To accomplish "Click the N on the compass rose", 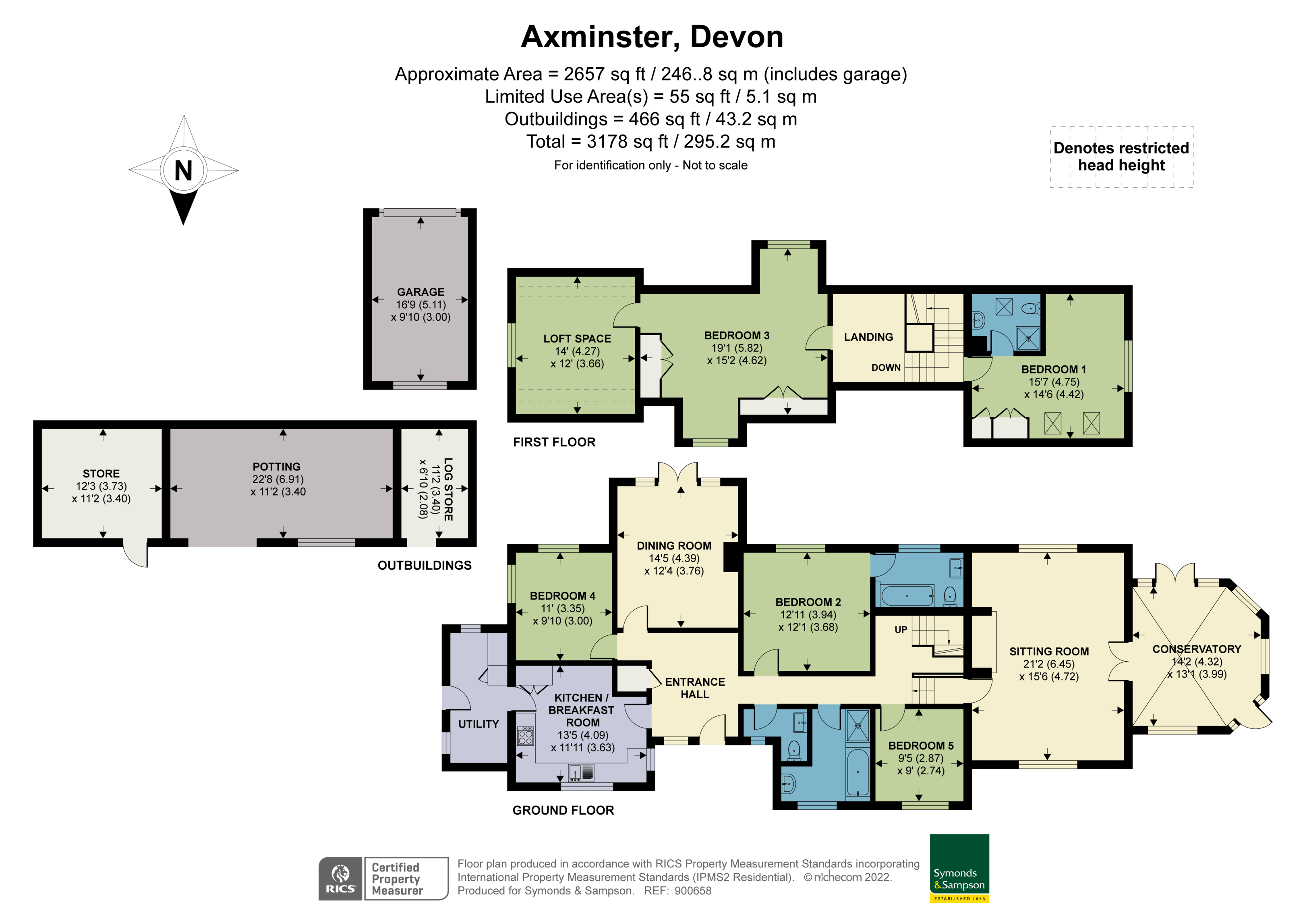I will click(183, 170).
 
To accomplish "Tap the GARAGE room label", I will click(420, 292).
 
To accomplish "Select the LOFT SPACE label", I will click(577, 338).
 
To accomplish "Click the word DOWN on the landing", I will click(886, 368).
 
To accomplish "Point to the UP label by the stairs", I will click(901, 630).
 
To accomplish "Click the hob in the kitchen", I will click(526, 736).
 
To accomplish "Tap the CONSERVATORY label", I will click(1196, 649).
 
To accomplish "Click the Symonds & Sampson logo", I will click(959, 868).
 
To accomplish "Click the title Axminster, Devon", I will click(652, 37).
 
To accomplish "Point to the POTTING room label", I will click(276, 466).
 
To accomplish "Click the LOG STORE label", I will click(448, 489).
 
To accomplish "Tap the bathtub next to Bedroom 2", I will click(907, 595).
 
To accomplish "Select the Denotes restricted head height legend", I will click(1121, 156).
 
